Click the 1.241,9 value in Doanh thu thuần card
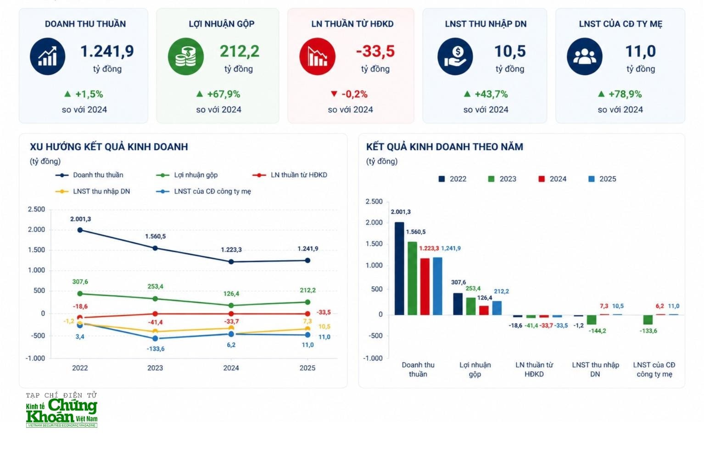[x=107, y=51]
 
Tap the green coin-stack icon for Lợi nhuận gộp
[x=185, y=56]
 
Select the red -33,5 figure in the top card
[x=375, y=51]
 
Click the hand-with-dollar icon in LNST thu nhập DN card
[x=455, y=56]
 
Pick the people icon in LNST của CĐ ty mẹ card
[x=584, y=56]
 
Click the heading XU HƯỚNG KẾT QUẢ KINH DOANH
[x=109, y=147]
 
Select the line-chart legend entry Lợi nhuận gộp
[x=196, y=175]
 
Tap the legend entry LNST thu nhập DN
[x=101, y=191]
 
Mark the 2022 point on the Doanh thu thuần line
[x=80, y=230]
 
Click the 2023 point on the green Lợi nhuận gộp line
[x=155, y=299]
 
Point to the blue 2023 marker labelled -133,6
[x=155, y=339]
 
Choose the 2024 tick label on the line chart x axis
[x=231, y=368]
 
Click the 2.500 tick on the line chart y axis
[x=36, y=209]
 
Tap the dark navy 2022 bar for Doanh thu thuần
[x=399, y=268]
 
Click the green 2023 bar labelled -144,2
[x=592, y=320]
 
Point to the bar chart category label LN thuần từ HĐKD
[x=534, y=369]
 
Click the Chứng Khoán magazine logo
[x=61, y=411]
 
